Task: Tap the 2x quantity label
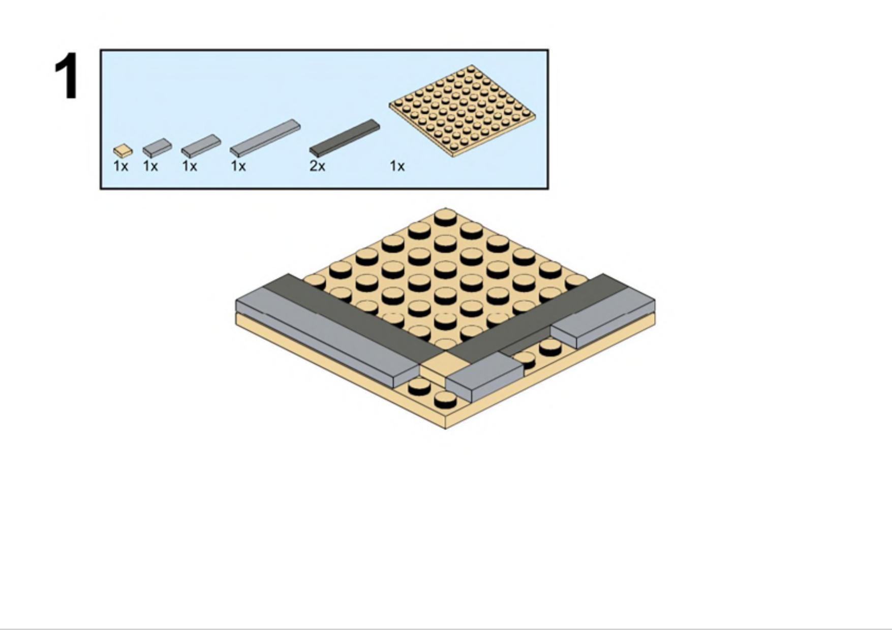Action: (317, 166)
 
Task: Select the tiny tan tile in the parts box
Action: (122, 151)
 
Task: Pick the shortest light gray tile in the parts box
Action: (157, 148)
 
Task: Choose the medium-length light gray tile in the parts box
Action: (201, 146)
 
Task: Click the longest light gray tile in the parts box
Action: (265, 138)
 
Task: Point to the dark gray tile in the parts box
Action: (345, 138)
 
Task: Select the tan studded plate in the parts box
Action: (462, 111)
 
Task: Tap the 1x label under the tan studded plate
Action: (397, 166)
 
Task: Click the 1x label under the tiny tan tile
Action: (120, 166)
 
